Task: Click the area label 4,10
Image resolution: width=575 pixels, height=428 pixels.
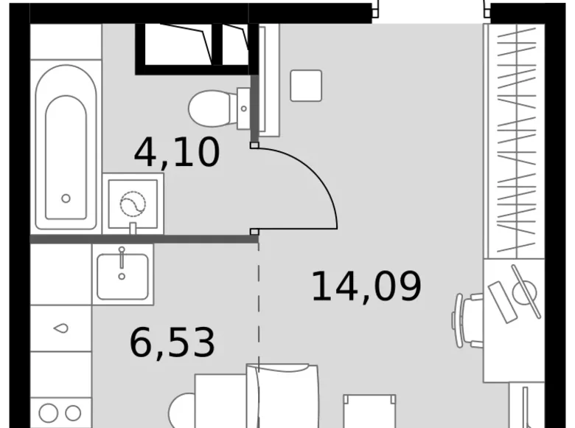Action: pos(177,153)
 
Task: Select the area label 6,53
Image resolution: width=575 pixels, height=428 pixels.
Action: pos(172,342)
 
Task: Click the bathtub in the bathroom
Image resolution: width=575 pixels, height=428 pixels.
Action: pos(66,148)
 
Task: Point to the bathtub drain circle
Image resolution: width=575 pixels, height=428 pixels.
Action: pos(66,199)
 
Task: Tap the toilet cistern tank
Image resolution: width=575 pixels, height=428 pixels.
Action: pos(244,108)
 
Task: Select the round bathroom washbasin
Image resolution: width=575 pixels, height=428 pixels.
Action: pos(133,202)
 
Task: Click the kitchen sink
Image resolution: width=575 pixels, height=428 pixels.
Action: pos(122,274)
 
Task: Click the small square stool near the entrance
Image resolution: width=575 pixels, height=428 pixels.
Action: pos(306,86)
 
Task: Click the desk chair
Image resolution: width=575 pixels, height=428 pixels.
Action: pos(469,320)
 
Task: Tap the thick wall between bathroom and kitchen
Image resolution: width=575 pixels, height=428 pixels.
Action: pos(144,239)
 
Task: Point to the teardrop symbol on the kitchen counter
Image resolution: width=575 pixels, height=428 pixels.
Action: pos(61,328)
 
